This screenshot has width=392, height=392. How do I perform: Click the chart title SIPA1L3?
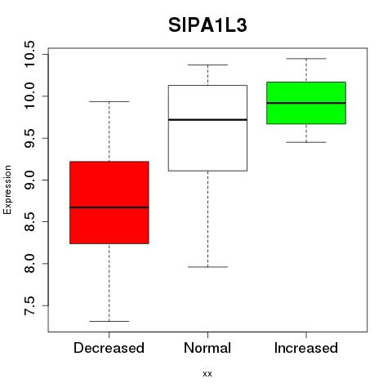pos(207,25)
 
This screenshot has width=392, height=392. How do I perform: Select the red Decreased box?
pos(109,203)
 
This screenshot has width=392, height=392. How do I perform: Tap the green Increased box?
pos(306,103)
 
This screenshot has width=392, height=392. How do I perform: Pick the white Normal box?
pos(207,128)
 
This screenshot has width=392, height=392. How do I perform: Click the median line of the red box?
pos(109,207)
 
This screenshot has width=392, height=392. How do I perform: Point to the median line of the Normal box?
pos(207,119)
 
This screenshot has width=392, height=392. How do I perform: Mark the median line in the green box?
pos(306,103)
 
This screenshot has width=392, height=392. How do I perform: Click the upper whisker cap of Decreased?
pos(109,101)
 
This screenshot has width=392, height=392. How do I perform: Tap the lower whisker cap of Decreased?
pos(109,321)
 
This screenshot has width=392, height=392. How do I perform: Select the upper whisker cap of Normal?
pos(207,65)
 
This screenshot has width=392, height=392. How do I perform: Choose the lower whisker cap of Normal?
pos(207,267)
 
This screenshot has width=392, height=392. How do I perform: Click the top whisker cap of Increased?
pos(306,59)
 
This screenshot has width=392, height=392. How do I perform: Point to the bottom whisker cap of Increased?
pos(306,142)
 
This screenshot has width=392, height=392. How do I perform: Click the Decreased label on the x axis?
pos(109,348)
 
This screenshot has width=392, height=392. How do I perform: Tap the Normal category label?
pos(207,348)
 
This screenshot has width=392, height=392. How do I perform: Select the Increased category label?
pos(306,348)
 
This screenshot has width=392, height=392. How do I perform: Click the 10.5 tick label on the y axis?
pos(29,54)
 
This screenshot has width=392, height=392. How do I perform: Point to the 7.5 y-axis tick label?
pos(29,305)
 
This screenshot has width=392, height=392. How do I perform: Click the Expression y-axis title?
pos(7,189)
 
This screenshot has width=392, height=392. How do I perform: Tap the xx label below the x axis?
pos(207,374)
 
